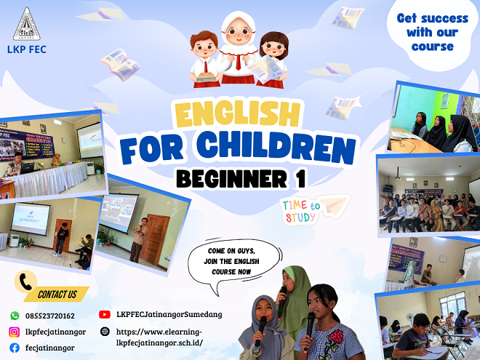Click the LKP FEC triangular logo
point(27,25)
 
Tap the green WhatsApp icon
point(15,316)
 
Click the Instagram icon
point(15,332)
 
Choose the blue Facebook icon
point(15,348)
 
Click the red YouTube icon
point(104,315)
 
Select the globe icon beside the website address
point(104,332)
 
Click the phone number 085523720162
point(51,316)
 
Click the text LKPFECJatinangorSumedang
point(169,315)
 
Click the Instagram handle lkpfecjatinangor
point(55,332)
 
